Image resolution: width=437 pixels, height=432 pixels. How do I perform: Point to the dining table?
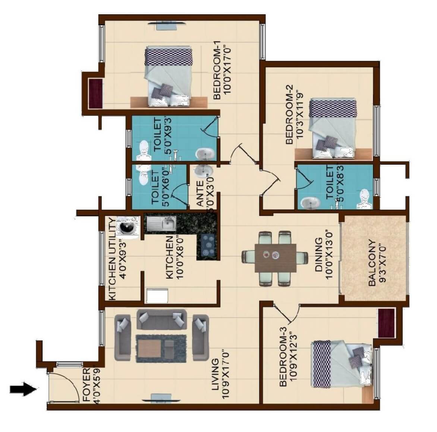pyautogui.click(x=276, y=258)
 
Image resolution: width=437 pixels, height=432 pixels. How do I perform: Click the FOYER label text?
pyautogui.click(x=86, y=385)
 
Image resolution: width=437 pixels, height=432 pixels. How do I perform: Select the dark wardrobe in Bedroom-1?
pyautogui.click(x=95, y=93)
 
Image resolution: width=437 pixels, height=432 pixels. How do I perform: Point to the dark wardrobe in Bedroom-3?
pyautogui.click(x=386, y=323)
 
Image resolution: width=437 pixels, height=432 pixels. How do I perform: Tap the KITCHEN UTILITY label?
pyautogui.click(x=111, y=259)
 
